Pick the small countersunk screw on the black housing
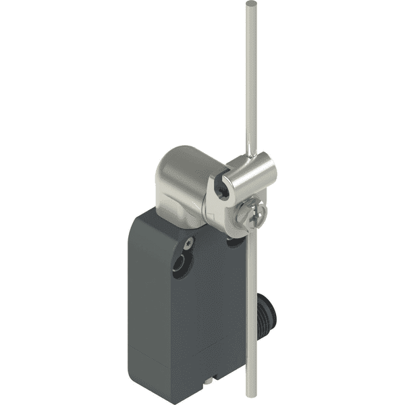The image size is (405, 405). pos(190,242)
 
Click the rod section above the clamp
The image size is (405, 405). pos(250,81)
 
